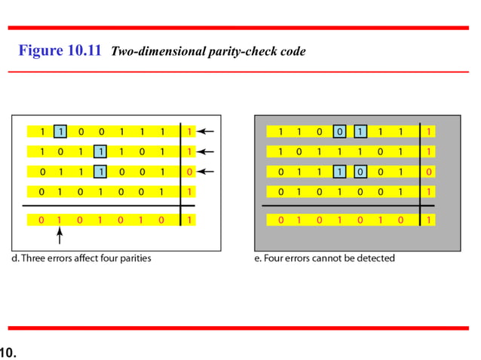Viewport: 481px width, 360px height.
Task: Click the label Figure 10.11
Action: (60, 51)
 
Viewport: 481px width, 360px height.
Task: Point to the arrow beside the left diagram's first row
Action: (208, 131)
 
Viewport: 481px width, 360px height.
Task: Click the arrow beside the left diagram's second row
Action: (208, 151)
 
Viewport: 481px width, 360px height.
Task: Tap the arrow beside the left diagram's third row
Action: (208, 171)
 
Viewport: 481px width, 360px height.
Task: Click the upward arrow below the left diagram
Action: (60, 236)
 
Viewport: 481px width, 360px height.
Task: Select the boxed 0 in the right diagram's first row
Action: (340, 131)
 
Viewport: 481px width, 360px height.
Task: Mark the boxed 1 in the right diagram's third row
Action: (340, 171)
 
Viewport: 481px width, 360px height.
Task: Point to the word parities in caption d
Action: (135, 258)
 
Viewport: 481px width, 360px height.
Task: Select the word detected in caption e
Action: (375, 258)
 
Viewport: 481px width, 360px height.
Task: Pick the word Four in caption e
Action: (274, 258)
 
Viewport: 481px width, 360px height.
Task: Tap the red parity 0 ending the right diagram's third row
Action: (429, 171)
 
